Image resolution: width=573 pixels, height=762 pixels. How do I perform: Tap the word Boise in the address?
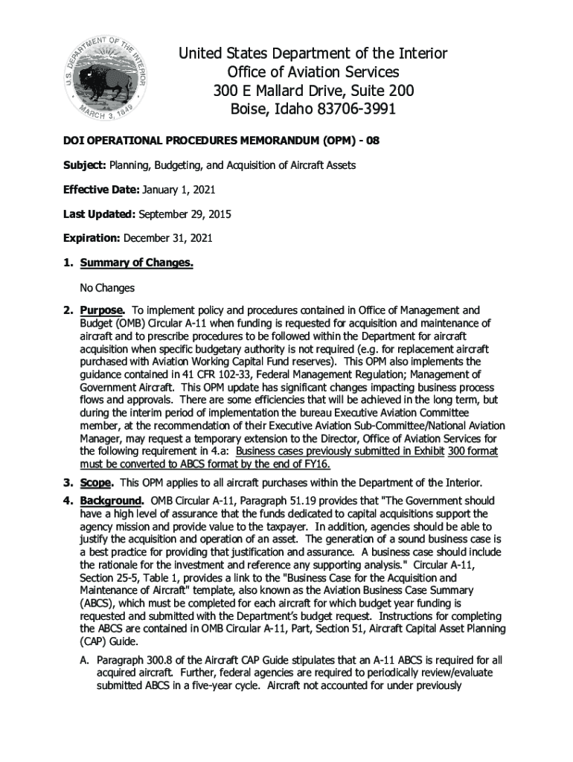pos(247,109)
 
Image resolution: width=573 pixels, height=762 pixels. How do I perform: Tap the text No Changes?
pos(107,287)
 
